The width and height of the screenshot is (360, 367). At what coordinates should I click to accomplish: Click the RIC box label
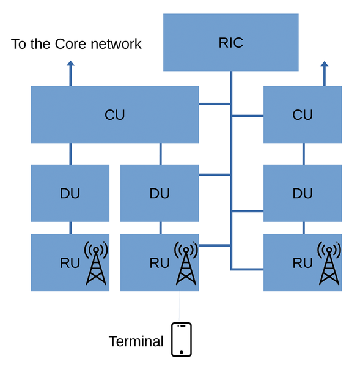(x=231, y=43)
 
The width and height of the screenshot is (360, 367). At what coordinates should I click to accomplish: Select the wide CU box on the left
(x=115, y=114)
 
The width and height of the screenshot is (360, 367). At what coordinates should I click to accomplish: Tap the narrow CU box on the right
(x=303, y=114)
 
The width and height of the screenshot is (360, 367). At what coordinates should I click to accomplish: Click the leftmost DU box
(x=70, y=193)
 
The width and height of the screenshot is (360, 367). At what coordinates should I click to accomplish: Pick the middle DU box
(x=160, y=193)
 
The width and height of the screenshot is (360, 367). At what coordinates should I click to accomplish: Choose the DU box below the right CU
(x=303, y=193)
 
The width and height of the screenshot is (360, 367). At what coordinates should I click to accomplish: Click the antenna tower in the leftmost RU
(x=96, y=263)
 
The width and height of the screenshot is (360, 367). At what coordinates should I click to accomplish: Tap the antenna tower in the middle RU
(x=186, y=263)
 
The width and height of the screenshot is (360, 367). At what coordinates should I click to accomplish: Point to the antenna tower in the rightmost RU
(x=329, y=263)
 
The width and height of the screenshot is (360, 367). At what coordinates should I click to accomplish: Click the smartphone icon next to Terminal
(x=182, y=339)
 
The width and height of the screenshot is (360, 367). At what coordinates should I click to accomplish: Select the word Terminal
(x=136, y=341)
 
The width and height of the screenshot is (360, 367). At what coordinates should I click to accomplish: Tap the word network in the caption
(x=116, y=44)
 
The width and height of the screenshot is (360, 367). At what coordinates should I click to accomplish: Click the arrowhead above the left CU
(x=70, y=63)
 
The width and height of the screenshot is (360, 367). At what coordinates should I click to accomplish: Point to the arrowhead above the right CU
(x=324, y=64)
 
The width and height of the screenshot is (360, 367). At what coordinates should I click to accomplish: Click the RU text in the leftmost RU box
(x=70, y=263)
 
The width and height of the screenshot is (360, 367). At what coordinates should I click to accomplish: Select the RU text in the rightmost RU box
(x=303, y=263)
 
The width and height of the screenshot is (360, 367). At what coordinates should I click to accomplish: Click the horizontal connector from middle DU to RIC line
(x=215, y=174)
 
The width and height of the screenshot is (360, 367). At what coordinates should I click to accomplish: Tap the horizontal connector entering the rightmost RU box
(x=248, y=269)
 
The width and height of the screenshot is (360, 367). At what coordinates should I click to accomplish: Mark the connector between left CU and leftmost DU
(x=70, y=154)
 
